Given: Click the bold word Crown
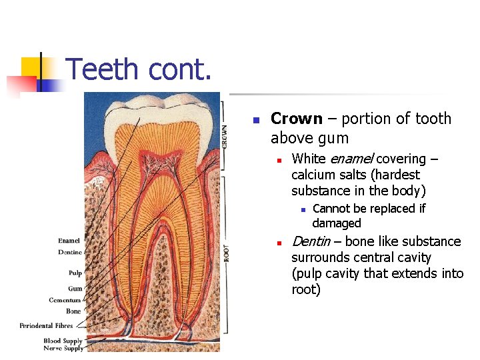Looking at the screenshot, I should [296, 119].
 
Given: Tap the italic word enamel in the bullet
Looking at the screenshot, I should [351, 159].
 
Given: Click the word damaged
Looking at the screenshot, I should [336, 223].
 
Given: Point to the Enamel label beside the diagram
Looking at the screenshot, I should [69, 241].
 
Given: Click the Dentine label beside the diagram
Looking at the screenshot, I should [69, 252].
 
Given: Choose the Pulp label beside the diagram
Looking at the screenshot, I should [75, 273].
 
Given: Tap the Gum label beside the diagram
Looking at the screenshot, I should [75, 289].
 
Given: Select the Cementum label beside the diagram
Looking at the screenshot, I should [65, 300].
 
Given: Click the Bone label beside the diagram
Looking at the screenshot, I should [73, 311].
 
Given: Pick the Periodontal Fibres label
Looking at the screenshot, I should [46, 325].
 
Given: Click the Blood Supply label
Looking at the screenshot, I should [63, 341].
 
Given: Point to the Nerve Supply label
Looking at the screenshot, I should [63, 348].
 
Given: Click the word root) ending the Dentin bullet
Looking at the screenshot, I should [306, 289].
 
